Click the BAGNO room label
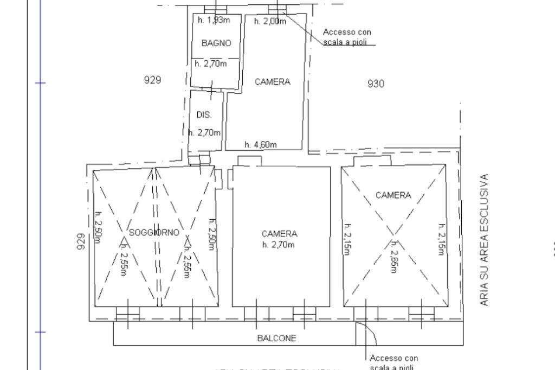pos(216,43)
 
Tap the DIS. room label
pos(204,115)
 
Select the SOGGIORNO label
pos(154,233)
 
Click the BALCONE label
pos(276,339)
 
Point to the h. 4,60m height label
pos(260,145)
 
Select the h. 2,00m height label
pos(270,21)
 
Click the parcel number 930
pos(376,84)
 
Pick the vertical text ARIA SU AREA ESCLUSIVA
pos(485,240)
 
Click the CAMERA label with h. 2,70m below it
pos(279,234)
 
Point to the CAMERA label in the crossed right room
pos(393,195)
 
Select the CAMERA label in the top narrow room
pos(273,82)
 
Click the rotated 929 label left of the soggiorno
pos(81,242)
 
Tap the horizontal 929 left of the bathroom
pos(152,80)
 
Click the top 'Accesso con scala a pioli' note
pos(347,37)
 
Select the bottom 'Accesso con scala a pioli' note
pos(393,362)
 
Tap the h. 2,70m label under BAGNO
pos(210,63)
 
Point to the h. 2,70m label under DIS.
pos(204,132)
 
